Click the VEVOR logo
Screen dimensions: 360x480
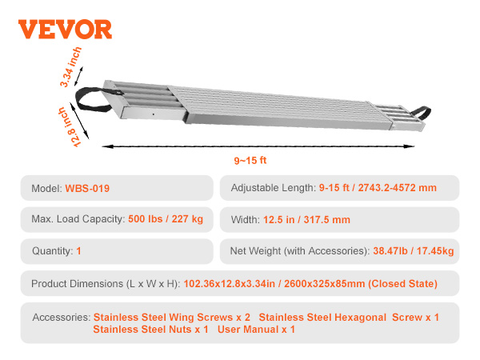tap(65, 29)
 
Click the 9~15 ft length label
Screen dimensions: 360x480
tap(250, 160)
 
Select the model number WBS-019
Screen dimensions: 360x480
tap(87, 189)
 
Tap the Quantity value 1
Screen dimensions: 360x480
tap(79, 251)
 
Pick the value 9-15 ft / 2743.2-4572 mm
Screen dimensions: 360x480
tap(378, 189)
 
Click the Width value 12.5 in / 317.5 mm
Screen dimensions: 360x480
tap(306, 219)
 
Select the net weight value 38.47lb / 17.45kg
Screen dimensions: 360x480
tap(414, 251)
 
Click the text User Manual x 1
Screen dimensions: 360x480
tap(256, 329)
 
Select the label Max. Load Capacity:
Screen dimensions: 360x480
tap(78, 219)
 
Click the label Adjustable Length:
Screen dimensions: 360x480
tap(273, 189)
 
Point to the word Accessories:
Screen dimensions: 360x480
tap(61, 318)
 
